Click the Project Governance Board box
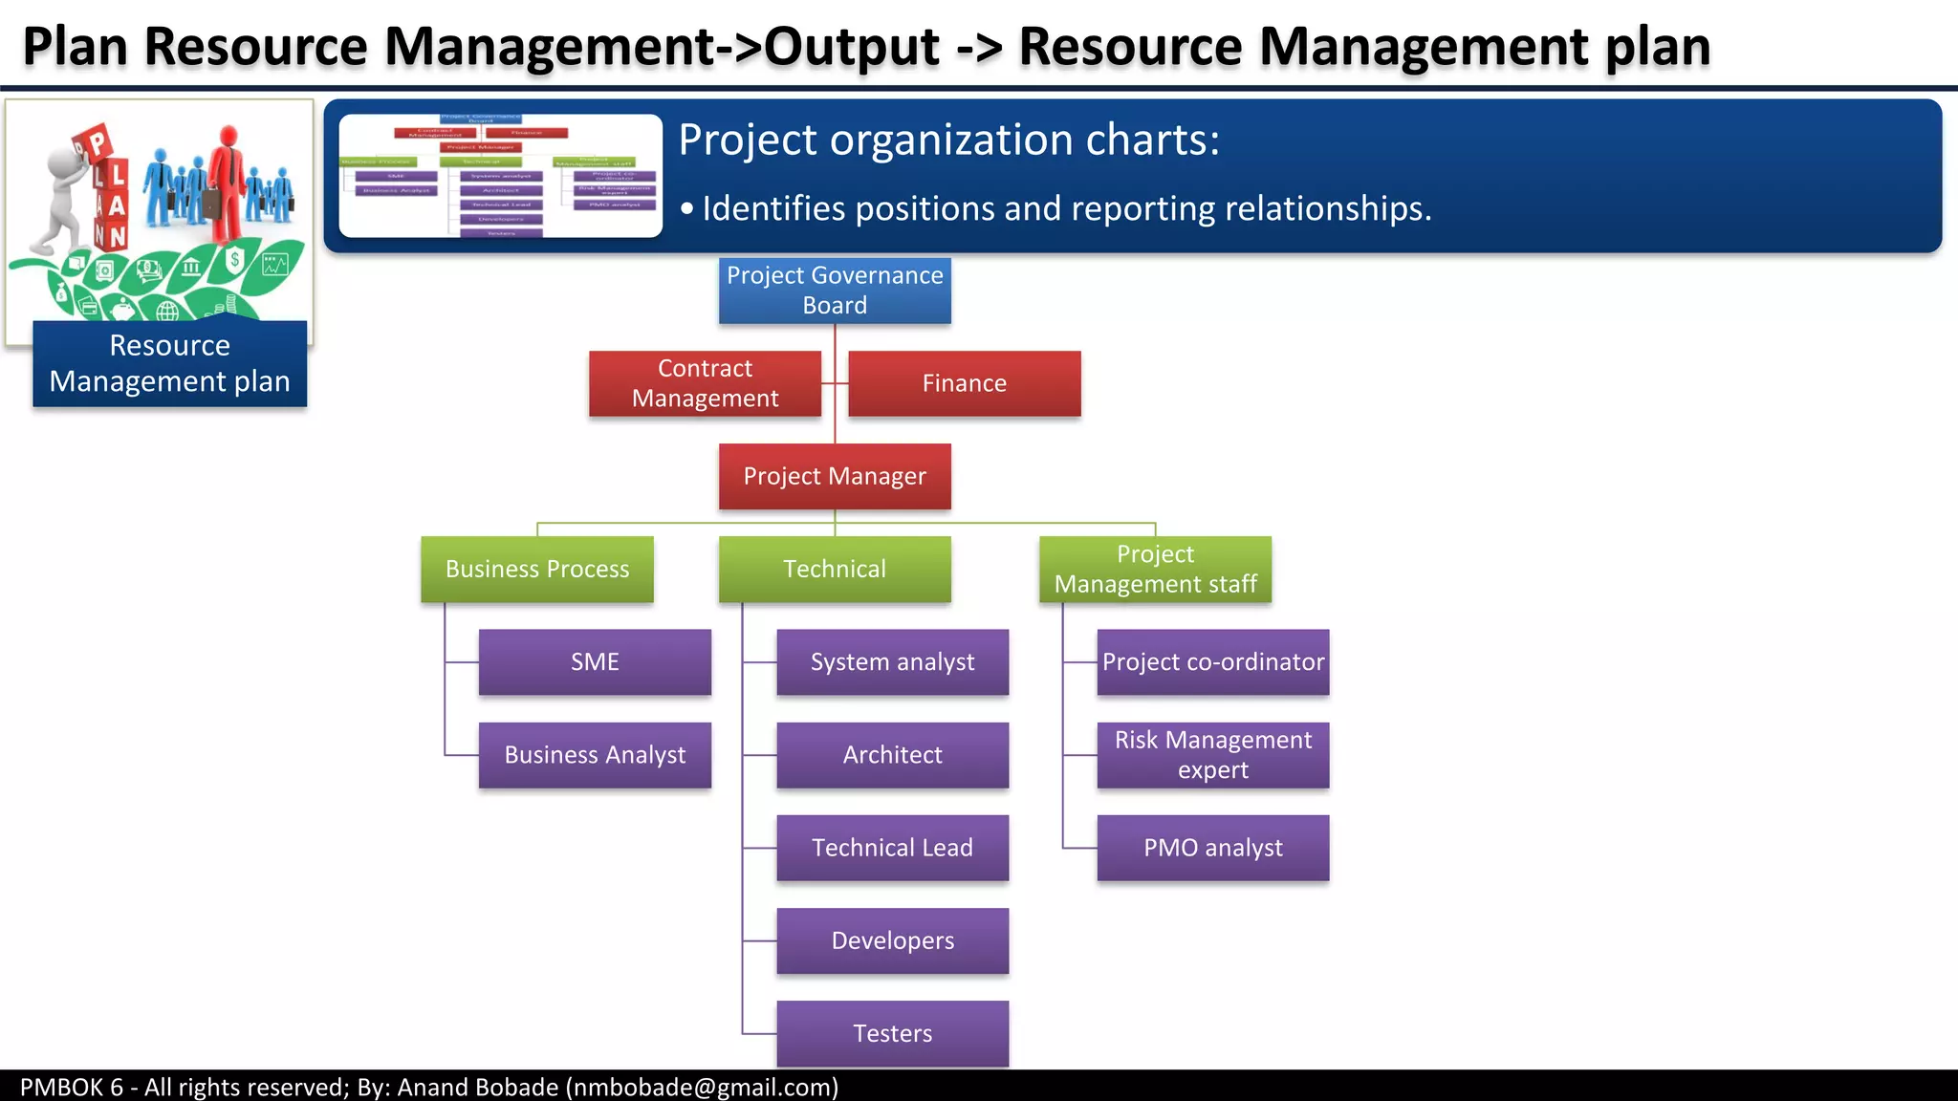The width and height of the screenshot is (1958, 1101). pyautogui.click(x=835, y=291)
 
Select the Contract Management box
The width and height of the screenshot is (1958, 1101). pyautogui.click(x=705, y=383)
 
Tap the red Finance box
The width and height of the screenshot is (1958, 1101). pyautogui.click(x=964, y=383)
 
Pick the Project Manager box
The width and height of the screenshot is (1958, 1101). pyautogui.click(x=835, y=476)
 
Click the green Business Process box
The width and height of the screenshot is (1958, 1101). pyautogui.click(x=537, y=569)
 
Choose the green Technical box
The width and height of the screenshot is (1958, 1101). pyautogui.click(x=835, y=569)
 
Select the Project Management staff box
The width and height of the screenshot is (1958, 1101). pyautogui.click(x=1155, y=569)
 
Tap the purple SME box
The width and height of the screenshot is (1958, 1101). pyautogui.click(x=595, y=661)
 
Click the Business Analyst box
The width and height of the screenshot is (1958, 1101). pyautogui.click(x=595, y=755)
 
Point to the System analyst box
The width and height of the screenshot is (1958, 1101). pyautogui.click(x=892, y=661)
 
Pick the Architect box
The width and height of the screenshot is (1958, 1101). pyautogui.click(x=892, y=755)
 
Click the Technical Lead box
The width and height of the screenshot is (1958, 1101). pyautogui.click(x=892, y=848)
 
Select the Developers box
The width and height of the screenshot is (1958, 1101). pyautogui.click(x=892, y=940)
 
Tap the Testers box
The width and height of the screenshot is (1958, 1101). pyautogui.click(x=892, y=1033)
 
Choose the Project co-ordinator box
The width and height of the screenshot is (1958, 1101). pyautogui.click(x=1212, y=661)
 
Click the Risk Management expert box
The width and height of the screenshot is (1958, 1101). pyautogui.click(x=1212, y=755)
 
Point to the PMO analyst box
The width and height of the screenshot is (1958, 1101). pyautogui.click(x=1212, y=848)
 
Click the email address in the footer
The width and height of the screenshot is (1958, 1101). pyautogui.click(x=703, y=1087)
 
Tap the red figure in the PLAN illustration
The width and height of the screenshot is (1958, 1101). pyautogui.click(x=228, y=182)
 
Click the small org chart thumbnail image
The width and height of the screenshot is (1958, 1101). pyautogui.click(x=500, y=176)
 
